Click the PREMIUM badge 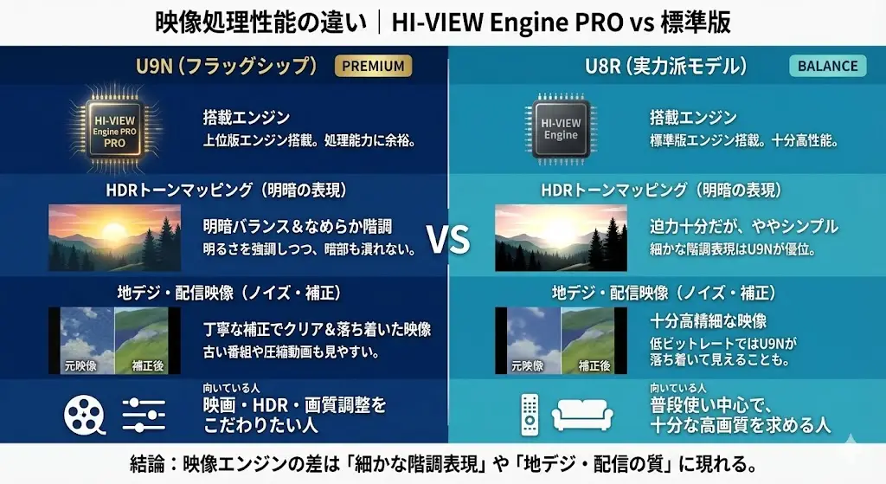tap(373, 66)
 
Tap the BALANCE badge tap(828, 66)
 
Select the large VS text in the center tap(448, 239)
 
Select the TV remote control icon tap(530, 414)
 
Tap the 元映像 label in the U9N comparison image tap(80, 366)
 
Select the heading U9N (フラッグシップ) tap(227, 66)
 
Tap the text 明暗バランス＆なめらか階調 tap(298, 227)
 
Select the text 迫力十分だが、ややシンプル tap(743, 227)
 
